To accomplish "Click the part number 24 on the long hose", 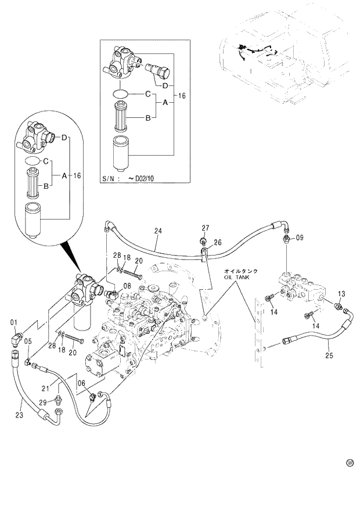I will (x=157, y=231).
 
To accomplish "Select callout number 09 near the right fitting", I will (x=299, y=238).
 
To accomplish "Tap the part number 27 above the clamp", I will (x=205, y=227).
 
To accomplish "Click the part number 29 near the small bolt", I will (x=43, y=402).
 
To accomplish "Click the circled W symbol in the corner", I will (x=350, y=463).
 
